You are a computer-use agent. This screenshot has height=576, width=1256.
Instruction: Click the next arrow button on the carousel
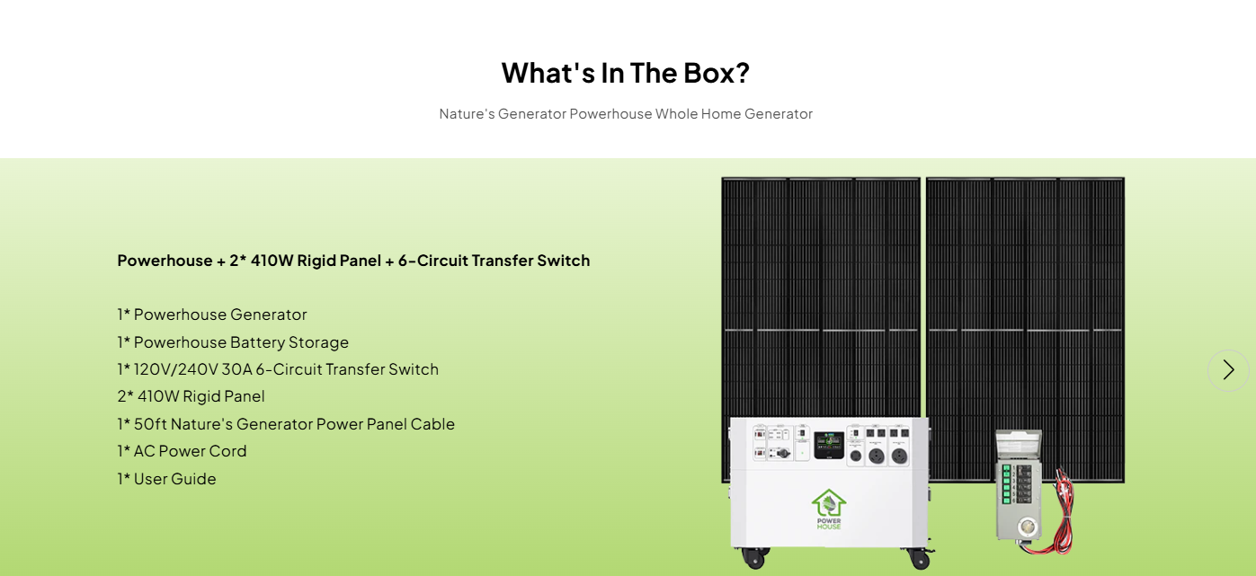pos(1228,370)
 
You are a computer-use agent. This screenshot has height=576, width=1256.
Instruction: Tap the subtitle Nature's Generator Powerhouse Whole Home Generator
pos(626,114)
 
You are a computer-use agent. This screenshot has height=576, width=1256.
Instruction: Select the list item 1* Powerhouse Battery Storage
pos(233,342)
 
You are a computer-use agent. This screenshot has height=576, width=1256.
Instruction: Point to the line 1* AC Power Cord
pos(182,451)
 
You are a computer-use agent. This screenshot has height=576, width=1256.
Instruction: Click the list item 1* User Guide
pos(166,479)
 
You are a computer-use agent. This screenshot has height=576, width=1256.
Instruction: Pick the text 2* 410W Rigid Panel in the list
pos(191,396)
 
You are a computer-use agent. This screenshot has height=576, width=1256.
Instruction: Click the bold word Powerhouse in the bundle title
pos(165,261)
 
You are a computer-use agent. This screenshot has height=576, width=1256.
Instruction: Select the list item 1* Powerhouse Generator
pos(212,315)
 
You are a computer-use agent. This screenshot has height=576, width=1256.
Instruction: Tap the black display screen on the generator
pos(830,445)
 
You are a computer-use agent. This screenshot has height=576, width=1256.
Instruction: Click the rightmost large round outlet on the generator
pos(898,456)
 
